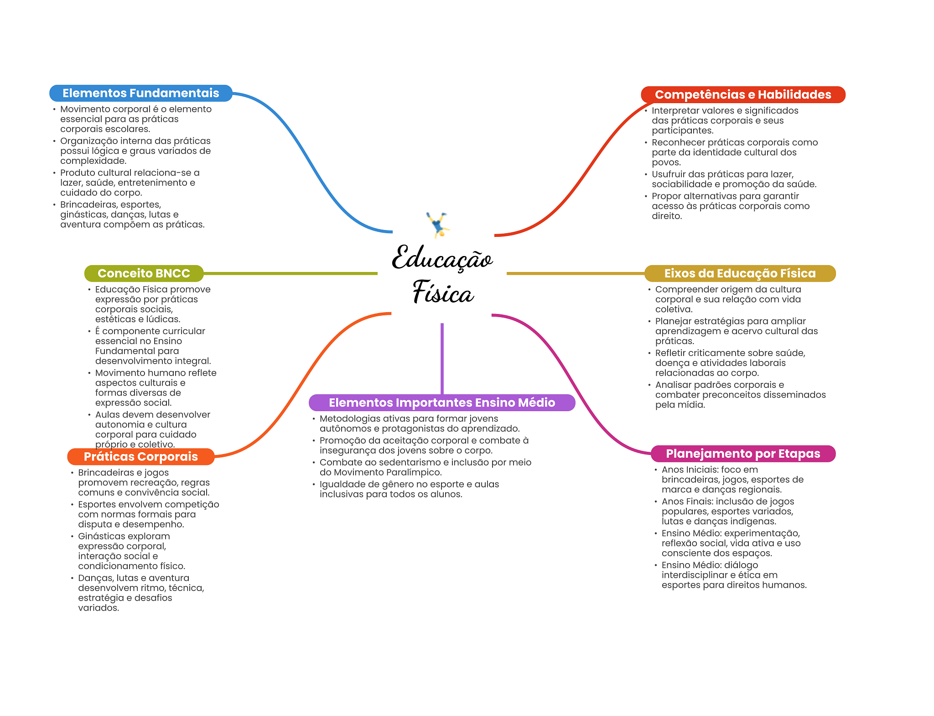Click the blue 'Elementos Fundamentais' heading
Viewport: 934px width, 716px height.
pos(141,93)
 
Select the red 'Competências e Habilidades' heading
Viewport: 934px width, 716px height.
pos(743,94)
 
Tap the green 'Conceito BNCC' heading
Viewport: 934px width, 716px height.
pos(144,273)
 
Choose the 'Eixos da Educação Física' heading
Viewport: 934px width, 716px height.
pos(740,273)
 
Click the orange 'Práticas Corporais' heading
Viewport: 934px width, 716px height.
pos(140,457)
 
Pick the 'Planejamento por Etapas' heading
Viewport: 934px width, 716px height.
pos(743,454)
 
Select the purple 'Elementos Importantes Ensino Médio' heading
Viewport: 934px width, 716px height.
pos(442,402)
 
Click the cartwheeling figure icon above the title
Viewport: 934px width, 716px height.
pos(438,225)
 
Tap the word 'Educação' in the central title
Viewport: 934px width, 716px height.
pos(442,258)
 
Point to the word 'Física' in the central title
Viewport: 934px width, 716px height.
pos(443,292)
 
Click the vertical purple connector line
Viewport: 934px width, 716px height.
pos(442,359)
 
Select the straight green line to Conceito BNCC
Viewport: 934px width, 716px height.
pos(291,273)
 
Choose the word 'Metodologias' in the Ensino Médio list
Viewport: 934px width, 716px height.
pos(349,418)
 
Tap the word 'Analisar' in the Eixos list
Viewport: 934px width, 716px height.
pos(674,385)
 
